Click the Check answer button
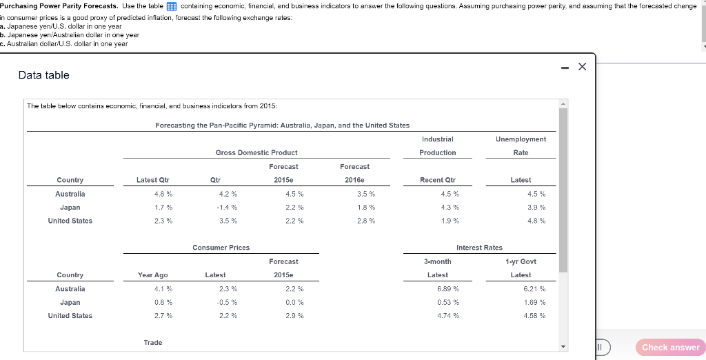tap(670, 347)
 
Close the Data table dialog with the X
tap(582, 66)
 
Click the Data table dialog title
tap(43, 74)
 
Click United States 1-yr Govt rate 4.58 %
tap(534, 315)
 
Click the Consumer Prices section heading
tap(221, 247)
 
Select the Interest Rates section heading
tap(479, 247)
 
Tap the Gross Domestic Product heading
tap(256, 152)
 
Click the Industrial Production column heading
tap(438, 146)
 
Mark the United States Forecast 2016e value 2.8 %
tap(366, 221)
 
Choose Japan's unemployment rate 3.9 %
tap(536, 207)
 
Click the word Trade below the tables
tap(153, 342)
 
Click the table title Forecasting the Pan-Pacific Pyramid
tap(282, 125)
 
